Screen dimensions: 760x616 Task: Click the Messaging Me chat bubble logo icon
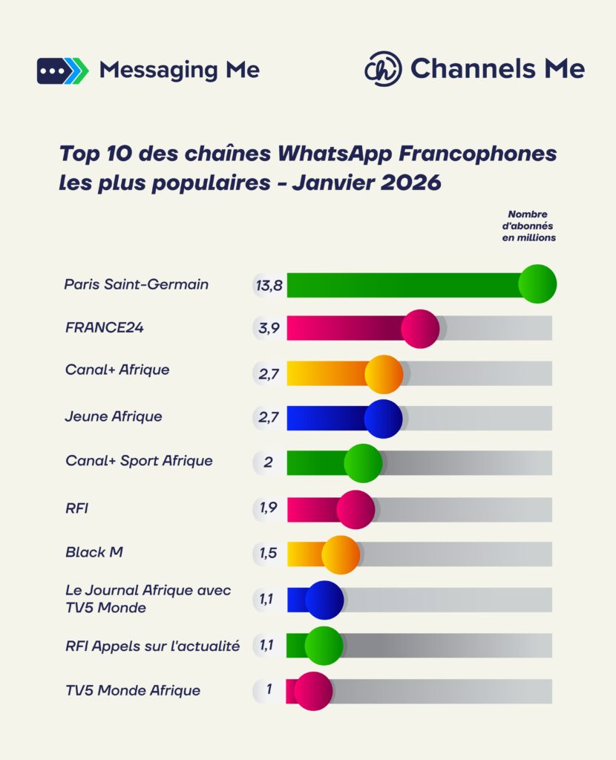point(62,70)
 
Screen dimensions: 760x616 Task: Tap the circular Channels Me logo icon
point(383,69)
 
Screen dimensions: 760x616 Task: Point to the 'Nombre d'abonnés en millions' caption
point(528,226)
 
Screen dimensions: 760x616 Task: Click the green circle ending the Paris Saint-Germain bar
point(537,284)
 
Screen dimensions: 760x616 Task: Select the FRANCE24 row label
point(104,327)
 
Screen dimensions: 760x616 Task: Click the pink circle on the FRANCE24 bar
point(420,329)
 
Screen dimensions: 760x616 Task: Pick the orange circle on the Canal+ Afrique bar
point(384,374)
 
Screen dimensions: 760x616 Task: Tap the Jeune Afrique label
point(113,416)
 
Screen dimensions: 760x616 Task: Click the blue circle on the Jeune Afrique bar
point(383,419)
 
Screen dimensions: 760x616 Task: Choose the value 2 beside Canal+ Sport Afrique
point(269,462)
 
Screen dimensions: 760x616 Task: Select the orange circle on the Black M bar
point(341,554)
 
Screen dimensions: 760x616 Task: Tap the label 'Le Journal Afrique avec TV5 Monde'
point(148,599)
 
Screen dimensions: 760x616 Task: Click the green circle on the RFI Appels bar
point(324,646)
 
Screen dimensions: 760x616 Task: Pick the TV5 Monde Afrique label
point(132,690)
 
